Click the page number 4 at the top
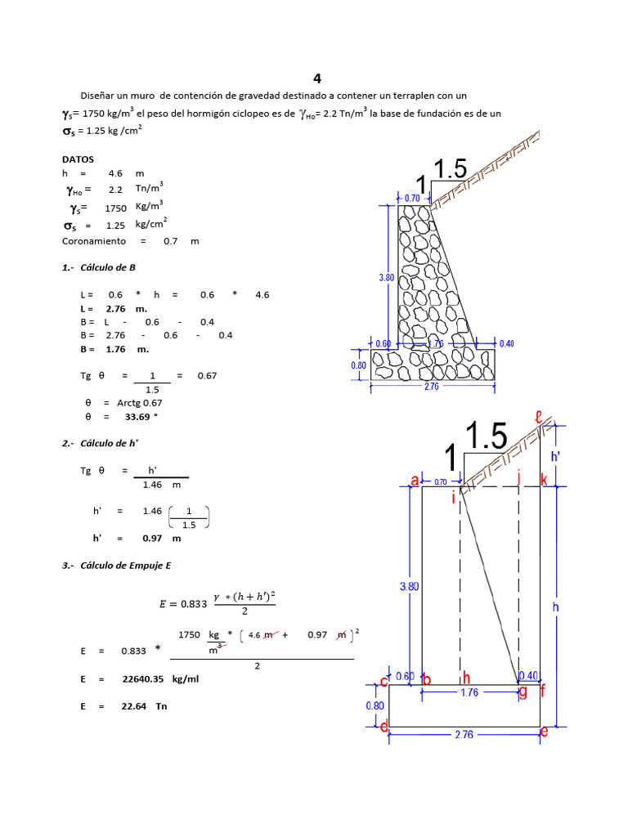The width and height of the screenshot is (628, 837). (317, 79)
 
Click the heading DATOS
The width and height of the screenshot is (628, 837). (78, 159)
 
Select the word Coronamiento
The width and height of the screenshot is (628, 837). (94, 241)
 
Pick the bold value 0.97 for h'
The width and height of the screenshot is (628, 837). (152, 539)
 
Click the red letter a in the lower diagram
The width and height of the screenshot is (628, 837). (415, 481)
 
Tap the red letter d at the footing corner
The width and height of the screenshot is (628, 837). (384, 726)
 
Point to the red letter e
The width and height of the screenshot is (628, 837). (544, 732)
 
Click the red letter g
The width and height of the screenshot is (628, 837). (523, 692)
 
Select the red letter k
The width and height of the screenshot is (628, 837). (544, 481)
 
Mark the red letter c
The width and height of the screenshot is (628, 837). (384, 682)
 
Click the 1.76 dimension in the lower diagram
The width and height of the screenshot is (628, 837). (469, 692)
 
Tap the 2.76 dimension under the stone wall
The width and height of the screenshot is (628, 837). (432, 387)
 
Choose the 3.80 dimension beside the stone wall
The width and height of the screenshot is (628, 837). (387, 278)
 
